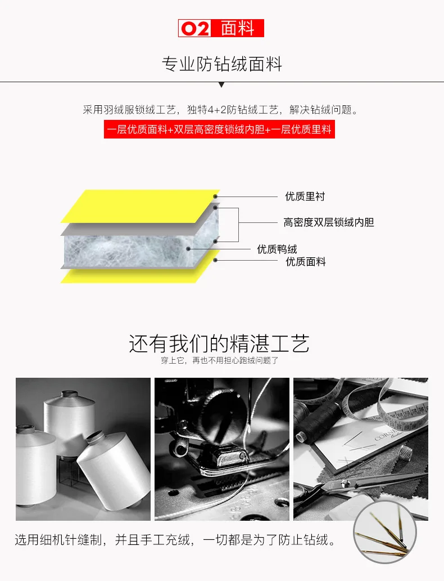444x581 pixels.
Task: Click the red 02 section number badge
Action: coord(194,28)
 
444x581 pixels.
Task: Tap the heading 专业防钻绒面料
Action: coord(221,64)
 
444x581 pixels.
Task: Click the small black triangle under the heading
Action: coord(221,85)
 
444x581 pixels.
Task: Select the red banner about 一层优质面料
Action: coord(219,129)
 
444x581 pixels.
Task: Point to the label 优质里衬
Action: coord(305,196)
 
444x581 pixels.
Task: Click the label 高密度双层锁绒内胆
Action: coord(328,222)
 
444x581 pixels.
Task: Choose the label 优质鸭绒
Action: coord(277,249)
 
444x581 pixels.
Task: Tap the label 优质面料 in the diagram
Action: coord(305,262)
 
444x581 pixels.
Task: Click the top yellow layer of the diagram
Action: coord(141,206)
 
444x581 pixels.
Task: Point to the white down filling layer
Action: coord(129,250)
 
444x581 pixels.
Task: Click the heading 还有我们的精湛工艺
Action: coord(219,343)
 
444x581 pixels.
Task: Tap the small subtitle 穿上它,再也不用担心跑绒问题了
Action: coord(219,361)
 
